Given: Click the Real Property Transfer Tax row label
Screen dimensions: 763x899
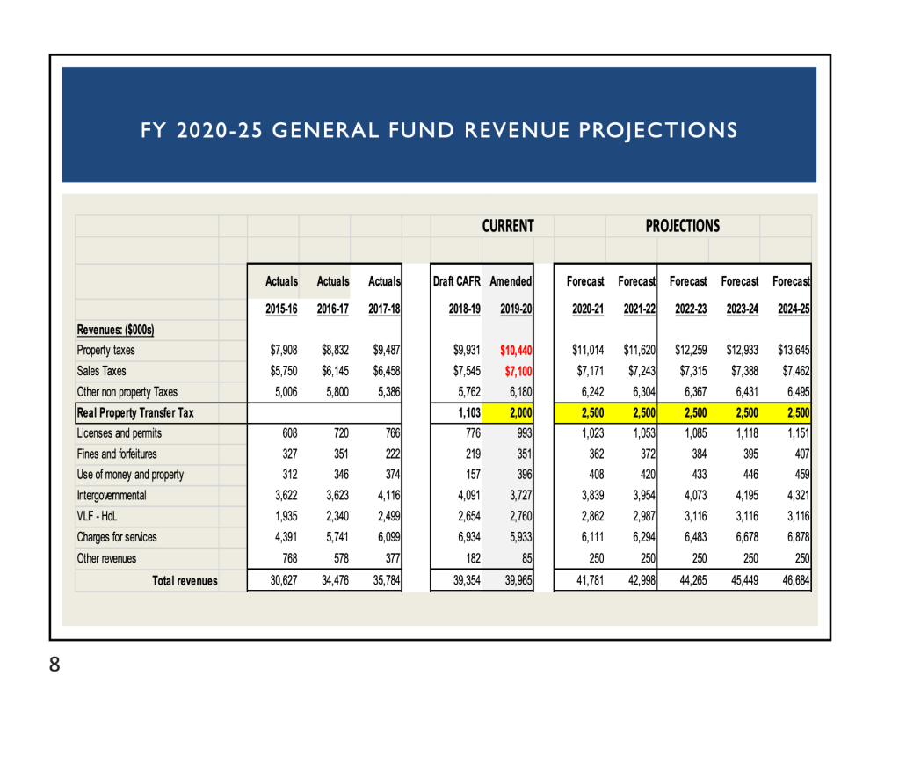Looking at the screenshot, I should pos(135,412).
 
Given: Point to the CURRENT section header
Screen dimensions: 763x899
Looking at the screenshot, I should pos(507,226).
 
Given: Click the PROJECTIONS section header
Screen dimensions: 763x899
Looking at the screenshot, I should pos(682,226).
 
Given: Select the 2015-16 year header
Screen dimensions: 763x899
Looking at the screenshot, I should pos(281,309).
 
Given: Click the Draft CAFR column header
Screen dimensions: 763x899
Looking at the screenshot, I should pos(456,281).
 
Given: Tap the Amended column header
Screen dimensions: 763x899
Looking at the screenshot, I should pos(511,281).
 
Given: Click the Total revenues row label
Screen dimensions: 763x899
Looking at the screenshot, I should pos(185,581).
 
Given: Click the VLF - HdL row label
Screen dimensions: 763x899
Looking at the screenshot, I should pos(97,516).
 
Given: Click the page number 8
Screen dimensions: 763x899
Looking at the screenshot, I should pos(54,665).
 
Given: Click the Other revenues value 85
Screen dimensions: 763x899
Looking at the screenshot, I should pos(524,558).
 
